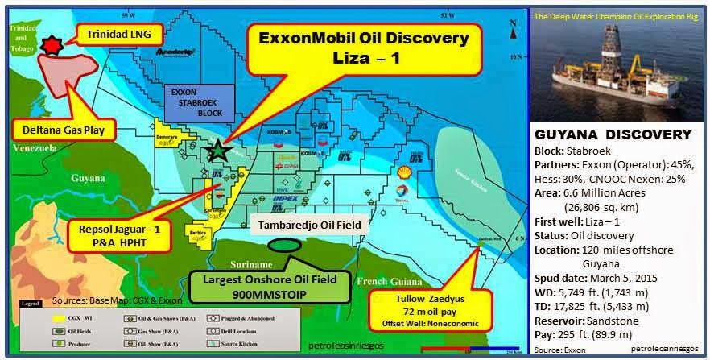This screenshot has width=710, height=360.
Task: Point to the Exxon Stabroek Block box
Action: [196, 103]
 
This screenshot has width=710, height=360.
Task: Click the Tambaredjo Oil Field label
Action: [309, 225]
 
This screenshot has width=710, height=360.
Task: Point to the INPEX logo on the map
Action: [285, 197]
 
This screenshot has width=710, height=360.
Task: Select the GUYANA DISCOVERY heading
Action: [613, 134]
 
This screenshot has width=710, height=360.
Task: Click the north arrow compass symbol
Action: [512, 33]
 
